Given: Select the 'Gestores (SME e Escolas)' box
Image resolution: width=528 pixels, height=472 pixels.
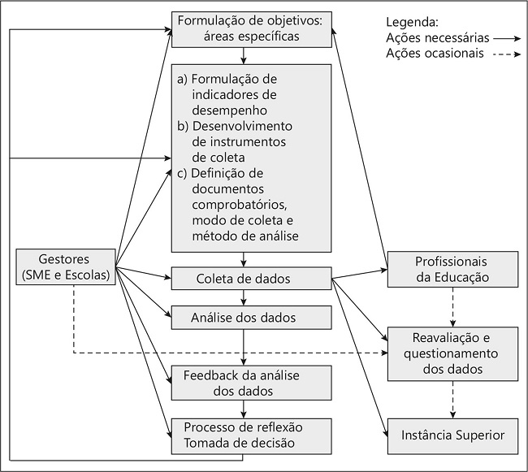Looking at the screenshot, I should [65, 265].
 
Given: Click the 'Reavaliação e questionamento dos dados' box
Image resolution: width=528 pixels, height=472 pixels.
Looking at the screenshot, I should [452, 353].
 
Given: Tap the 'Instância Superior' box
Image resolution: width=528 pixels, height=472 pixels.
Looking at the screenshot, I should [452, 435].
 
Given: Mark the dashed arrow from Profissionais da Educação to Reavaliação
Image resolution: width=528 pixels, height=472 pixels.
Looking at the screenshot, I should [452, 307].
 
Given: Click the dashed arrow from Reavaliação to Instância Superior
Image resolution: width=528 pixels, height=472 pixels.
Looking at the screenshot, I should [452, 399].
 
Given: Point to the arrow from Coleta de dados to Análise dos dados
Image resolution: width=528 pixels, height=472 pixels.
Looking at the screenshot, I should [244, 298].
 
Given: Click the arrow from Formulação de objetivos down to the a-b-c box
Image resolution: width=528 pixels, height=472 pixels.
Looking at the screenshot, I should [244, 55].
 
